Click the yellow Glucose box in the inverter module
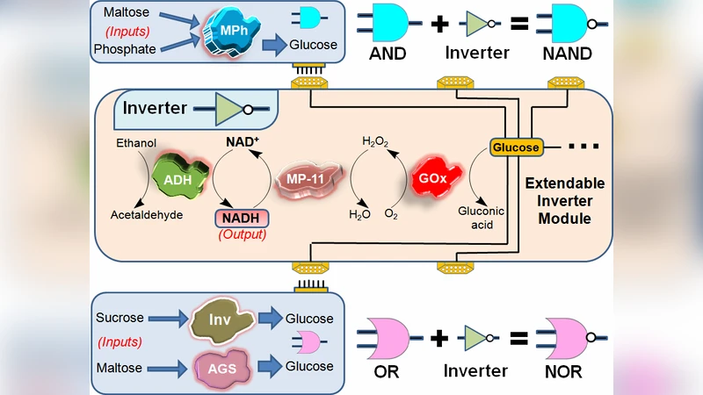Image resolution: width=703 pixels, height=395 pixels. pyautogui.click(x=515, y=147)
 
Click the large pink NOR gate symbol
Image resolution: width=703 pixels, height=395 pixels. pyautogui.click(x=562, y=338)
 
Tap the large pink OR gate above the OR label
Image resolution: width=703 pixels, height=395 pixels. pyautogui.click(x=384, y=338)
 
